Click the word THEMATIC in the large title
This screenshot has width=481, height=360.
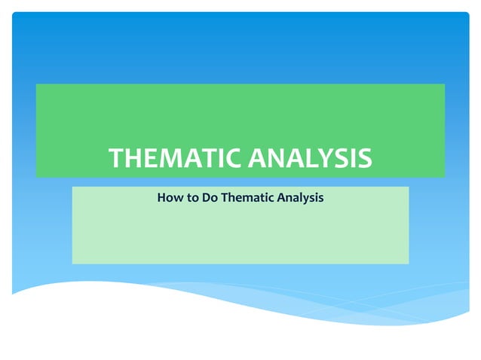[x=176, y=159]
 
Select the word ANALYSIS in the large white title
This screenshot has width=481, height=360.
[x=310, y=159]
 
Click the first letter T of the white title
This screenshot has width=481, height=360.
[x=117, y=159]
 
